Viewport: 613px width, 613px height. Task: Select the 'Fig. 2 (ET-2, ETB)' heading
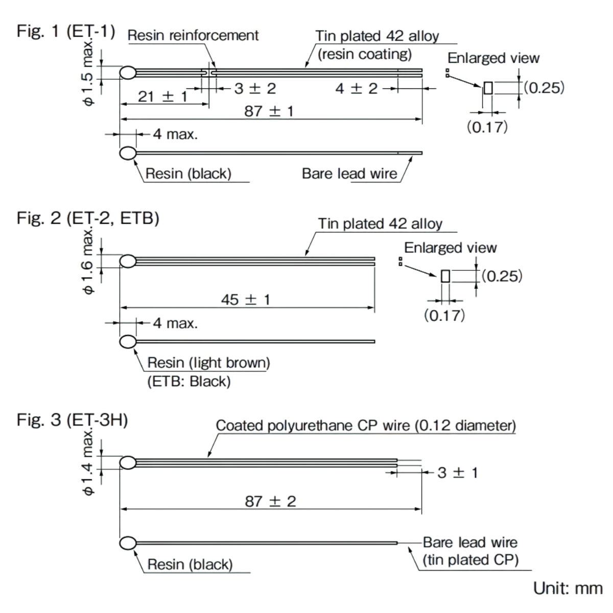(x=87, y=218)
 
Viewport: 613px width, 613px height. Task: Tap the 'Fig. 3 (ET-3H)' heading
(x=72, y=420)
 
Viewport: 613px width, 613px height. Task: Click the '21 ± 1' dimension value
(x=162, y=96)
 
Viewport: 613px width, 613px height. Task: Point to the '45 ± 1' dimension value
(x=245, y=299)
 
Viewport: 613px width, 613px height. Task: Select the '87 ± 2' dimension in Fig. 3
(x=270, y=501)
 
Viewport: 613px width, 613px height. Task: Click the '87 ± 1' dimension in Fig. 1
(x=269, y=111)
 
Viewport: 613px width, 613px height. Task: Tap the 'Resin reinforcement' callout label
(x=193, y=35)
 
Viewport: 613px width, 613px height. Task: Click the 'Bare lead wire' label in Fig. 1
(x=349, y=174)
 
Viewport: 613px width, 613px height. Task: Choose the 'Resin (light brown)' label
(x=208, y=363)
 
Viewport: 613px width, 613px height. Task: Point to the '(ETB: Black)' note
(x=189, y=381)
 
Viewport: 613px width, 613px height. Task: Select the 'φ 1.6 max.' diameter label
(x=87, y=262)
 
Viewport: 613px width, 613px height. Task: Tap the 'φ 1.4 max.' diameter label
(x=87, y=463)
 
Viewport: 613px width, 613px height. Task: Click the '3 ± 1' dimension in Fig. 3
(x=458, y=473)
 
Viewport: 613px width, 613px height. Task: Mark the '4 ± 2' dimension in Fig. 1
(x=356, y=88)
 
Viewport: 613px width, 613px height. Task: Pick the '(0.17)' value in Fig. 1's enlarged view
(x=487, y=126)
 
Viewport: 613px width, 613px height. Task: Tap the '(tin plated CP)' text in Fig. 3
(x=470, y=560)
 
